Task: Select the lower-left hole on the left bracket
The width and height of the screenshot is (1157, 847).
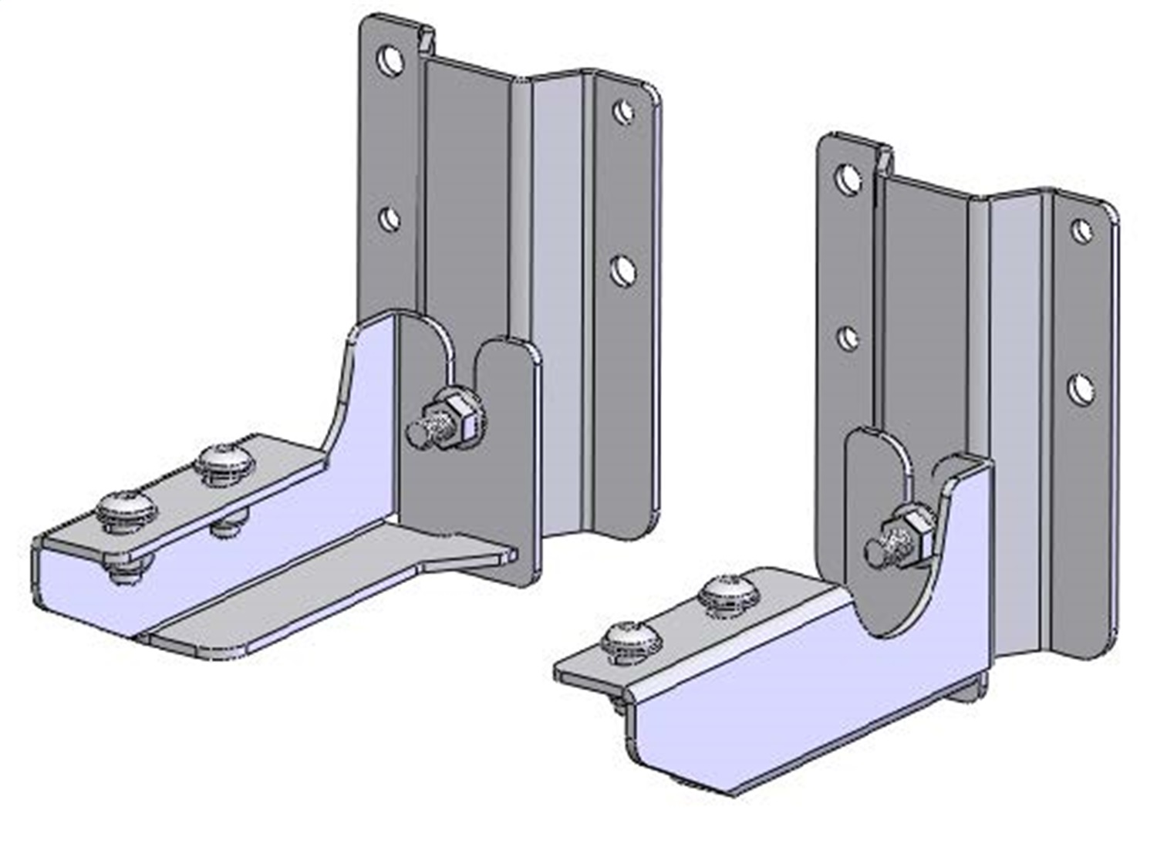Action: (390, 219)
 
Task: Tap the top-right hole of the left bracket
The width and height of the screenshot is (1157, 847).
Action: (623, 112)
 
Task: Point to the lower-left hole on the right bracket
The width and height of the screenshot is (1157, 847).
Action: (848, 337)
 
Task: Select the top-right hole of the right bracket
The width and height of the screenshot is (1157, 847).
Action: (1081, 229)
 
